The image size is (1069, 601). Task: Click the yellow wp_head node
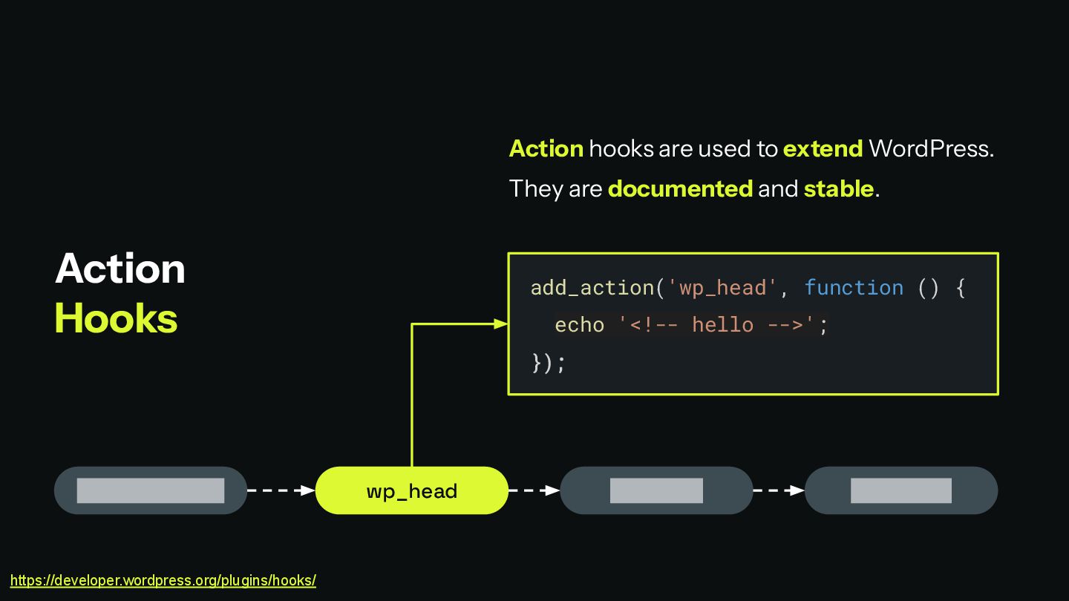pos(411,490)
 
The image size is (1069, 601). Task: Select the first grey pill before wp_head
pos(151,490)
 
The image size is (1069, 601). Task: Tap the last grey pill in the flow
pos(900,490)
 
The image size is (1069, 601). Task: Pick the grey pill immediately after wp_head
pos(656,490)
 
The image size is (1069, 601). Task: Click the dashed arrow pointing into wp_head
pos(281,490)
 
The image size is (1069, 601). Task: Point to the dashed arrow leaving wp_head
pos(534,490)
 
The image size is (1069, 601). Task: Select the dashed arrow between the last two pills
pos(779,490)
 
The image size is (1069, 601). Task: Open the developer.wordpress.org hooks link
pos(163,580)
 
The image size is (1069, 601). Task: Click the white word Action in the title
pos(120,268)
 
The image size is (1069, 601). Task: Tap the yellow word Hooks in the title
pos(117,318)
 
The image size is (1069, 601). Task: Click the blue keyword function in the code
pos(854,287)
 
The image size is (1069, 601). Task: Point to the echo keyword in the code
pos(579,325)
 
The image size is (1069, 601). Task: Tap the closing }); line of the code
pos(548,363)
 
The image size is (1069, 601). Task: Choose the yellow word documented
pos(680,188)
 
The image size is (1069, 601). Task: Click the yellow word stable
pos(838,188)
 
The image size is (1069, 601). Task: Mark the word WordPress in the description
pos(930,148)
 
